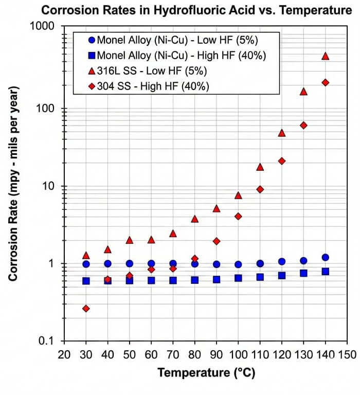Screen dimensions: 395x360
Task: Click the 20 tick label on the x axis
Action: [64, 355]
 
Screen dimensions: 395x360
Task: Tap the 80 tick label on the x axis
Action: [194, 355]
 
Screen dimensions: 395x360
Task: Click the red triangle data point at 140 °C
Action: [325, 56]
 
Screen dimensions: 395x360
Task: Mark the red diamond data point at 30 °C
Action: [86, 309]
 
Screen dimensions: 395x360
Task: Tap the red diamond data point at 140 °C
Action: [325, 82]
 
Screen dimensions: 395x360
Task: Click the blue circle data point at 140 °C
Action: [325, 257]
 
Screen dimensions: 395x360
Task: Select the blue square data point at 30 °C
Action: [86, 281]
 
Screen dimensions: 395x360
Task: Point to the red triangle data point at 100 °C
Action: [238, 195]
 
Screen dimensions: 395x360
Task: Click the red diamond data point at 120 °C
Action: [282, 161]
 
